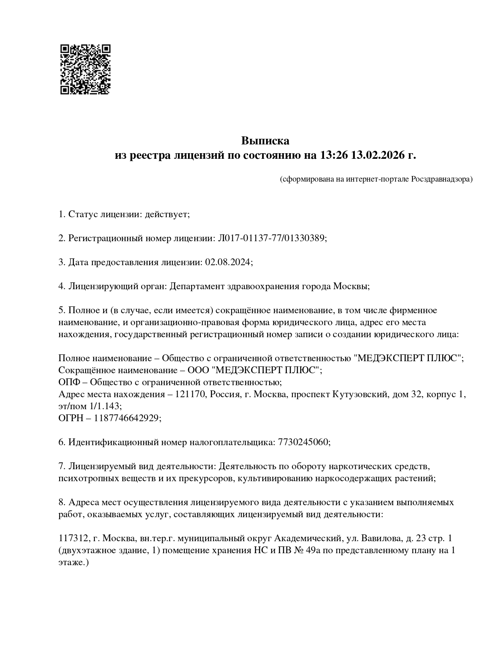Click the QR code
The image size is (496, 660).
85,69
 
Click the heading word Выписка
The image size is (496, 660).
265,141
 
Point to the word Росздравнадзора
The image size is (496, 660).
441,179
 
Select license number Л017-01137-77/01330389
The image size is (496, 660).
271,238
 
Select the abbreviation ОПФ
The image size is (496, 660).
69,382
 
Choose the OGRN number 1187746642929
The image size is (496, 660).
127,418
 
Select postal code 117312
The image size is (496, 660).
72,538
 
